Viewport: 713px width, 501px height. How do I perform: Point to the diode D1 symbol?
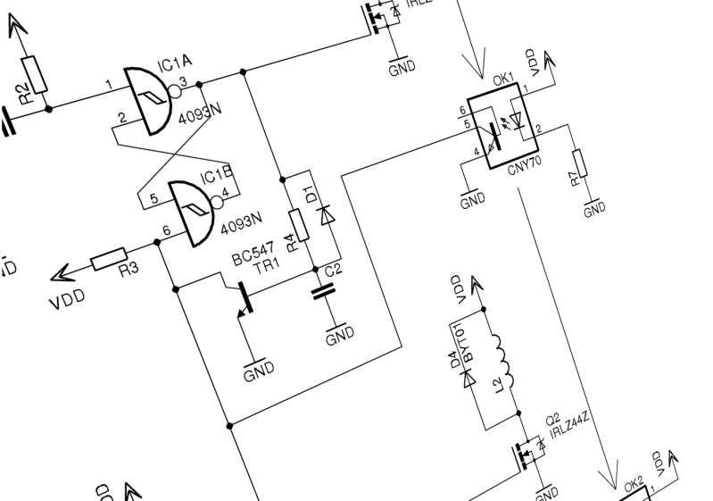point(326,213)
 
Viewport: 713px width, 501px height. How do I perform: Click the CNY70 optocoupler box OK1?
point(502,126)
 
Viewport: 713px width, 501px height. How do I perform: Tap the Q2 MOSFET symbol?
point(527,455)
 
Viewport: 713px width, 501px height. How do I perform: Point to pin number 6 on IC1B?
point(166,231)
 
